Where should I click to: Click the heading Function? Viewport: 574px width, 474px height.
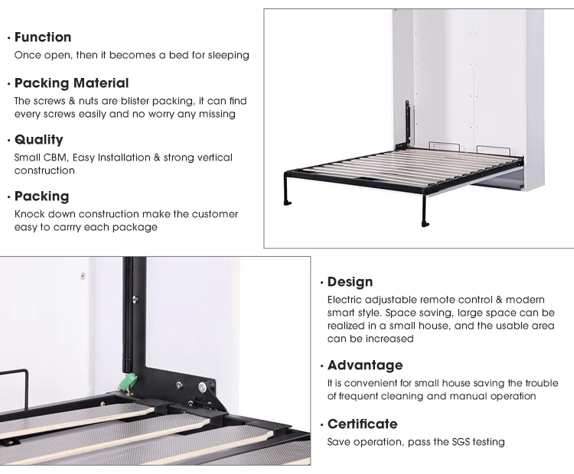43,37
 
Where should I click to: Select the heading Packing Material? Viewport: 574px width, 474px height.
71,83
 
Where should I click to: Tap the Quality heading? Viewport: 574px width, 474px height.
38,139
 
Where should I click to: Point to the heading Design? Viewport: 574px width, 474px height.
350,282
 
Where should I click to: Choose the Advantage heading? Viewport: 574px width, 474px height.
364,365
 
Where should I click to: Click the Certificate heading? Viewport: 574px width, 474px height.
362,424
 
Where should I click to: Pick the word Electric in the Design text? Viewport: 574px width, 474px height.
346,300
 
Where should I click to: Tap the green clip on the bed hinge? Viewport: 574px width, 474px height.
131,379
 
